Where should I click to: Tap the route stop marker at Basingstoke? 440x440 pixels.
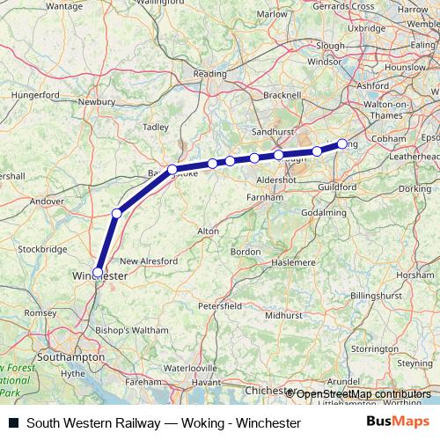(172, 169)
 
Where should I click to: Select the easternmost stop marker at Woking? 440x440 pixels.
(342, 143)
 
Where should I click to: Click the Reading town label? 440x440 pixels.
(209, 75)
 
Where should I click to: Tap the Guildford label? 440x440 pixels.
(339, 187)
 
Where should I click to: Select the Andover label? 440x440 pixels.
(48, 201)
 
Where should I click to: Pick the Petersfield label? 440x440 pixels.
(219, 305)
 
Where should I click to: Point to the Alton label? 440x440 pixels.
(208, 231)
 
